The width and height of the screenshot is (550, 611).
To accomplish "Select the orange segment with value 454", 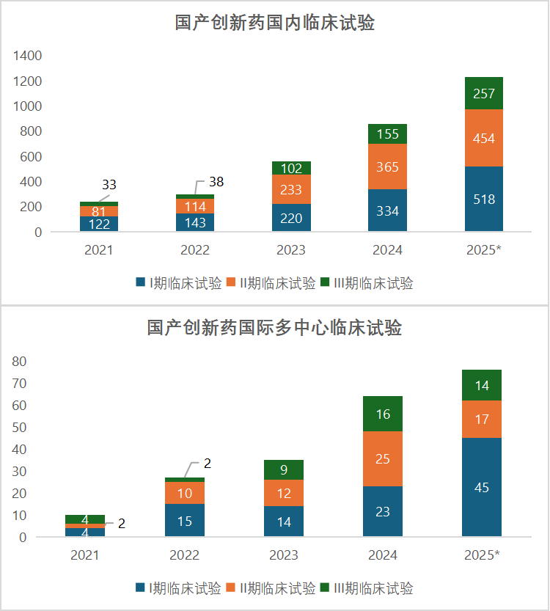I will tap(483, 138).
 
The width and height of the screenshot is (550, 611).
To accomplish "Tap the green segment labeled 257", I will tap(483, 93).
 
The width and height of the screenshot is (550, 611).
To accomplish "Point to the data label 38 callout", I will tap(216, 182).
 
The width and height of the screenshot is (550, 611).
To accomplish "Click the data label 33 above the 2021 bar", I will tap(109, 184).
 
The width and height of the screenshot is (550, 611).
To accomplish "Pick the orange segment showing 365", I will tap(387, 167).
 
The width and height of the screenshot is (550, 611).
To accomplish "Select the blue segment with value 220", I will tap(291, 218).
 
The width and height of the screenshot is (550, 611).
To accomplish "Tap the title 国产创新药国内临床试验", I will tap(275, 23).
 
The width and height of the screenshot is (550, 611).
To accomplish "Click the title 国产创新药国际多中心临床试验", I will tap(275, 327).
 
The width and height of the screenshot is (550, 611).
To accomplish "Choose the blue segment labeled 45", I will tap(482, 487).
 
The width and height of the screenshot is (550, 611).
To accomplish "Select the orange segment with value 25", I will tap(383, 458).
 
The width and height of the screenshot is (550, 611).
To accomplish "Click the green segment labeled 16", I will tap(383, 414).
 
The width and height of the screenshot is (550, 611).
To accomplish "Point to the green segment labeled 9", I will tap(284, 469).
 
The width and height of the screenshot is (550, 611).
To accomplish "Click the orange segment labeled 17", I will tap(482, 420).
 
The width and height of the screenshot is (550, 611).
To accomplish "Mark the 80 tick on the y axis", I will tap(19, 361).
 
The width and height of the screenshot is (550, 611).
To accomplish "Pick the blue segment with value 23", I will tap(383, 511).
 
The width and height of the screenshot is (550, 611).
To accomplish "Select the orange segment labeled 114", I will tap(195, 206).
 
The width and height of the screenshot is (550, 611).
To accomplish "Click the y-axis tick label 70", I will tap(19, 383).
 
